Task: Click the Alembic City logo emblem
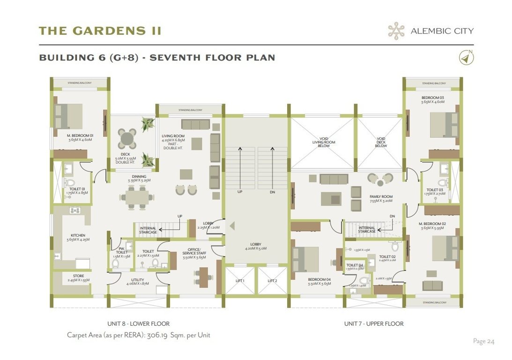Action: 396,31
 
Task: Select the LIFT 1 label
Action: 240,281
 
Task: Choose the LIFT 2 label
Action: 273,281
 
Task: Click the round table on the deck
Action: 126,139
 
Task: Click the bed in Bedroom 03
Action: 443,124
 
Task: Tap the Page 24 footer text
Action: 483,341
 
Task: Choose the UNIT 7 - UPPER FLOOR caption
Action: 373,323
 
